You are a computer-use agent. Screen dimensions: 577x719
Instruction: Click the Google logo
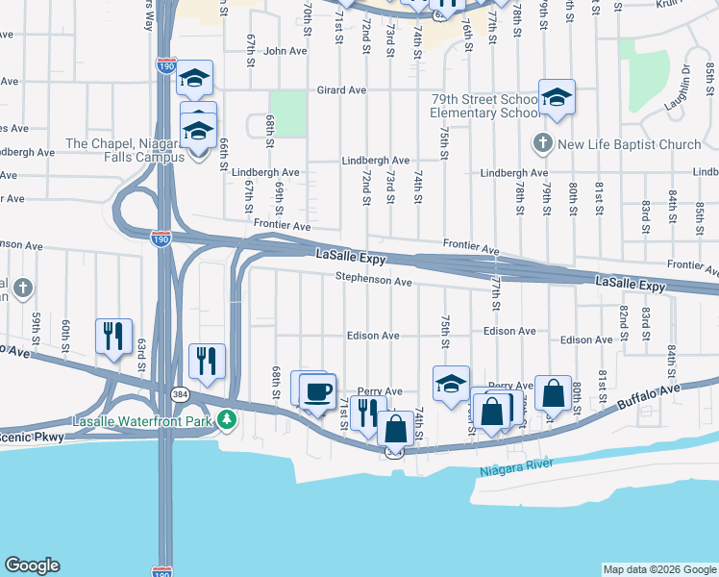point(32,565)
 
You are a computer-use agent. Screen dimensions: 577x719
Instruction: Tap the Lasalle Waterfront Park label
point(143,421)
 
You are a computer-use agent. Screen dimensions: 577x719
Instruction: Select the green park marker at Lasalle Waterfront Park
point(226,419)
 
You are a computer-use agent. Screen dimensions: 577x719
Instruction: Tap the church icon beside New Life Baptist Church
point(542,144)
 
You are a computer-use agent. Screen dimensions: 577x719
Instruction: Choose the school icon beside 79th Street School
point(557,97)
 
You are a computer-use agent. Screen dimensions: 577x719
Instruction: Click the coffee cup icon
point(318,390)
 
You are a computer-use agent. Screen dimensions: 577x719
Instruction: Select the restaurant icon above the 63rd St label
point(113,336)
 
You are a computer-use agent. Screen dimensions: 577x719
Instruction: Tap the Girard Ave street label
point(343,90)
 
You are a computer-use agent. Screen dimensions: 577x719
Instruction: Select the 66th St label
point(222,150)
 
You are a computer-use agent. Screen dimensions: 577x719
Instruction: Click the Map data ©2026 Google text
point(659,569)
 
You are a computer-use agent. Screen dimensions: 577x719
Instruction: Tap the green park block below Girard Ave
point(285,113)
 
